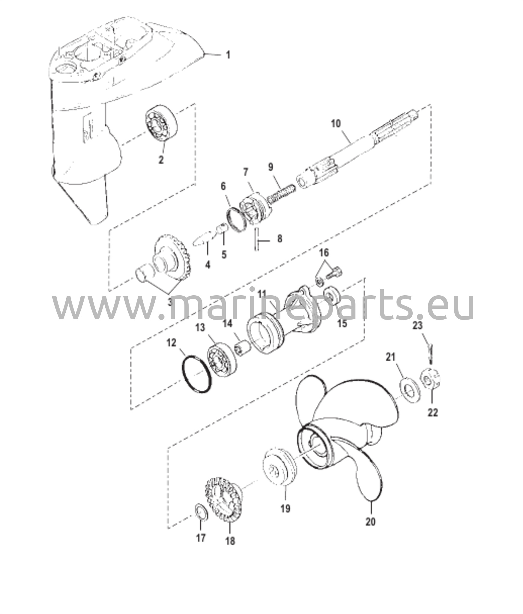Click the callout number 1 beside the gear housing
tap(228, 55)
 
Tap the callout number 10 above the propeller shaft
tap(336, 124)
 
